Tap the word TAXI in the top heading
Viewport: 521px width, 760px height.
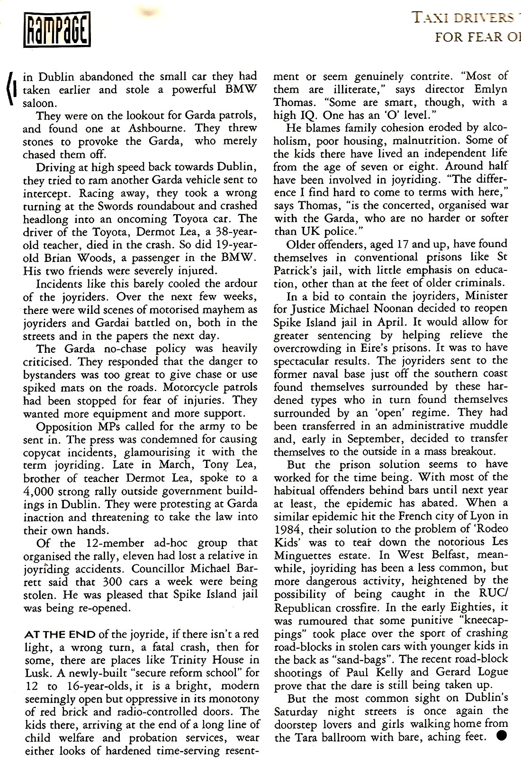pyautogui.click(x=430, y=18)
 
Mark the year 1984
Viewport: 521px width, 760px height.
pyautogui.click(x=287, y=529)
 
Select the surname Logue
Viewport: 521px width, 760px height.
pyautogui.click(x=488, y=672)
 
